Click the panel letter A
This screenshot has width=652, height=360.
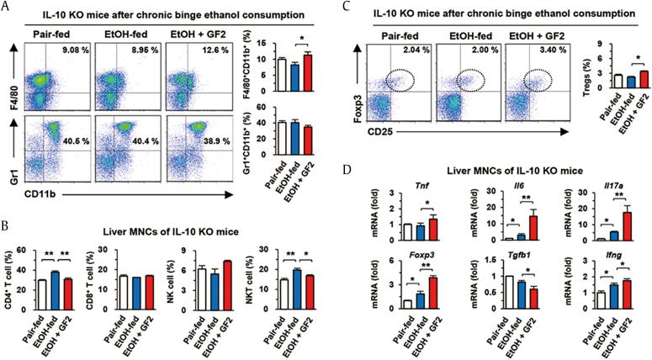tap(7, 8)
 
